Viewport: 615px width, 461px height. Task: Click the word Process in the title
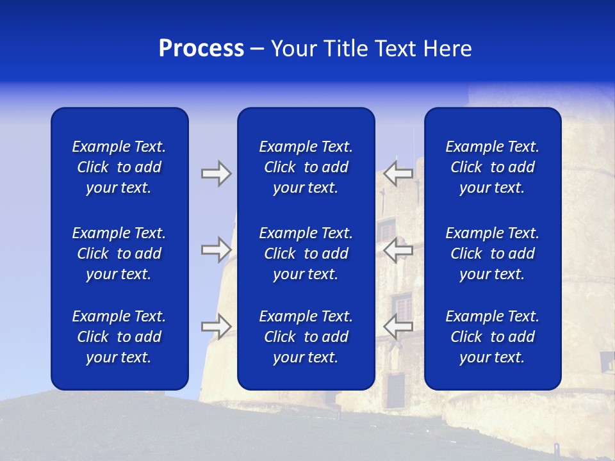[x=201, y=49]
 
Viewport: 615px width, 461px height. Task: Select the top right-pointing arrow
[x=216, y=174]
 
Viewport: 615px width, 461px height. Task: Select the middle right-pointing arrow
[x=216, y=249]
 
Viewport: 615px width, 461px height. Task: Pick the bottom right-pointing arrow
[x=216, y=327]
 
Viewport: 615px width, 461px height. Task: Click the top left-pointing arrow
[x=398, y=174]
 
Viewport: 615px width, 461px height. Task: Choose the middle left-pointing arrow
[x=398, y=250]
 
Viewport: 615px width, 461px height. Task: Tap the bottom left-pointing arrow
[x=398, y=327]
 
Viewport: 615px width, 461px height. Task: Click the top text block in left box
[x=119, y=167]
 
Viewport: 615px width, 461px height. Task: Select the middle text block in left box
[x=119, y=254]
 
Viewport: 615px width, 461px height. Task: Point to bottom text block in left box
[x=119, y=337]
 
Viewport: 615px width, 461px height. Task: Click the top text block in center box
[x=306, y=167]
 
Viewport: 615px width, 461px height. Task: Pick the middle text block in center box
[x=306, y=254]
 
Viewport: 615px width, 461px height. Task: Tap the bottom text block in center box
[x=306, y=337]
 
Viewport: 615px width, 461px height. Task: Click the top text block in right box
[x=492, y=167]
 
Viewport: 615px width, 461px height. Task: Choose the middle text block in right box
[x=492, y=254]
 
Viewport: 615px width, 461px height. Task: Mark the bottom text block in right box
[x=492, y=337]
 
